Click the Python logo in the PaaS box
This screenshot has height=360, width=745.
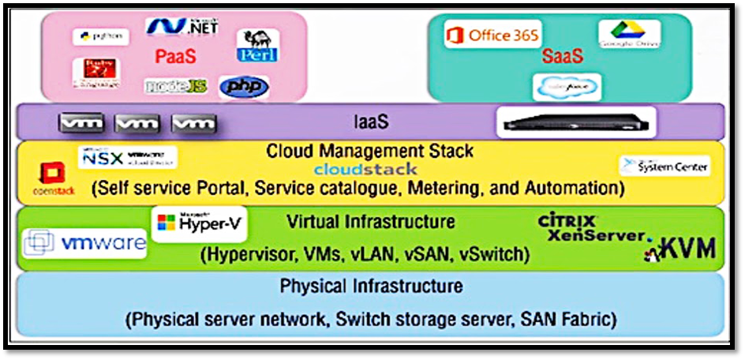pyautogui.click(x=100, y=36)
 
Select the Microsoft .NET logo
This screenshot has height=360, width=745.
pyautogui.click(x=176, y=27)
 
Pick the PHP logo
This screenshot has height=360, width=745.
pyautogui.click(x=243, y=87)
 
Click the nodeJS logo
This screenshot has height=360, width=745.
pyautogui.click(x=175, y=86)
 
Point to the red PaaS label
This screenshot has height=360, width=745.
pyautogui.click(x=176, y=57)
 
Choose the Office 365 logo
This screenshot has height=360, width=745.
pyautogui.click(x=492, y=35)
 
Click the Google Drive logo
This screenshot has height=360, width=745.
pyautogui.click(x=629, y=33)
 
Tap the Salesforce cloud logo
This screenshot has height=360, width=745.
pyautogui.click(x=566, y=87)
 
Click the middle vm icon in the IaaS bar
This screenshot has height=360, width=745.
pyautogui.click(x=137, y=124)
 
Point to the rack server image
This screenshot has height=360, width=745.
pyautogui.click(x=575, y=122)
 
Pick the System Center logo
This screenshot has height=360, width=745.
pyautogui.click(x=665, y=166)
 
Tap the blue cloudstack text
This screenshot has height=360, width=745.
pyautogui.click(x=365, y=169)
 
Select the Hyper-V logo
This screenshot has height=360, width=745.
pyautogui.click(x=199, y=224)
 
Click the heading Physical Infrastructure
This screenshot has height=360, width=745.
pyautogui.click(x=371, y=286)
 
